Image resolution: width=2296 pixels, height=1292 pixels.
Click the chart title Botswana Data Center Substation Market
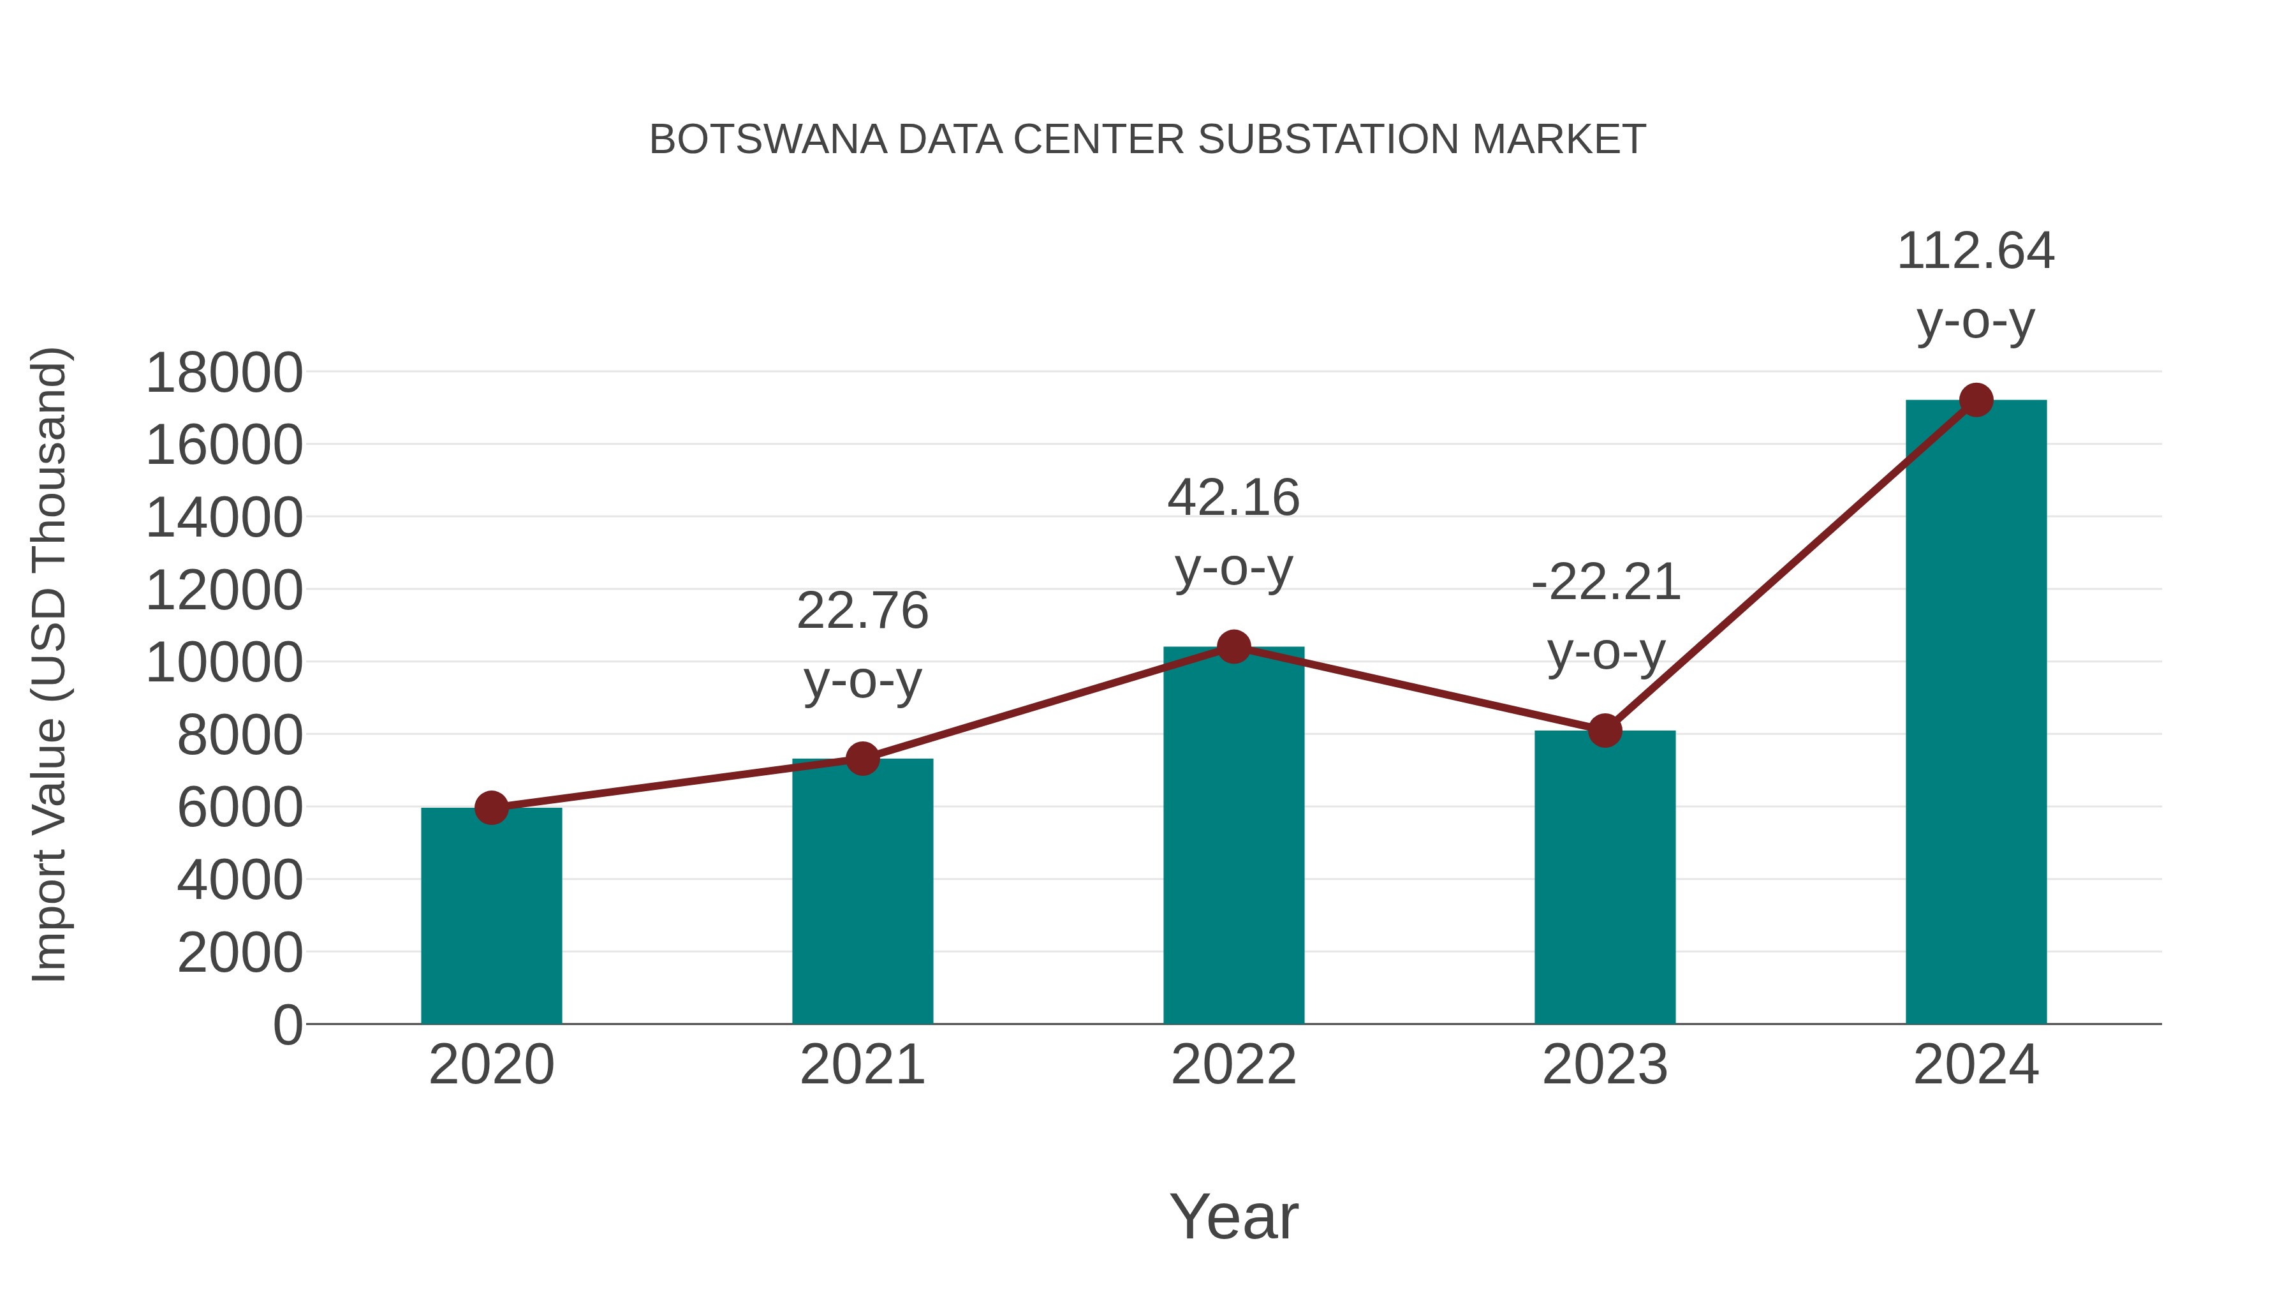(1147, 140)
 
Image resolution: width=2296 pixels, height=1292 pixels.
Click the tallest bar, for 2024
(1975, 713)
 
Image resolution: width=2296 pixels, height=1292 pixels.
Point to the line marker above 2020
(491, 808)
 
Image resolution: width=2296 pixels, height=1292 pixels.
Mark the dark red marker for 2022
(1233, 646)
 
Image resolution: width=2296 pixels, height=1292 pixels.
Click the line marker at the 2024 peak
(1976, 400)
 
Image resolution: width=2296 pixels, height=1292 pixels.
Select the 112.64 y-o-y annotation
(1975, 285)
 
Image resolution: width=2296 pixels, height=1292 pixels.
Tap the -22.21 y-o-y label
(1605, 617)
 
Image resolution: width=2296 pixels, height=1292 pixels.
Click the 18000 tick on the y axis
(224, 373)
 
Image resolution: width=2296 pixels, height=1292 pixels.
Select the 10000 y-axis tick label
(224, 664)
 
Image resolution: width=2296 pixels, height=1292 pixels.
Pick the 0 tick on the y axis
(287, 1025)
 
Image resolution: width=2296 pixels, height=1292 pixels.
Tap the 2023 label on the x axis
(1605, 1066)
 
